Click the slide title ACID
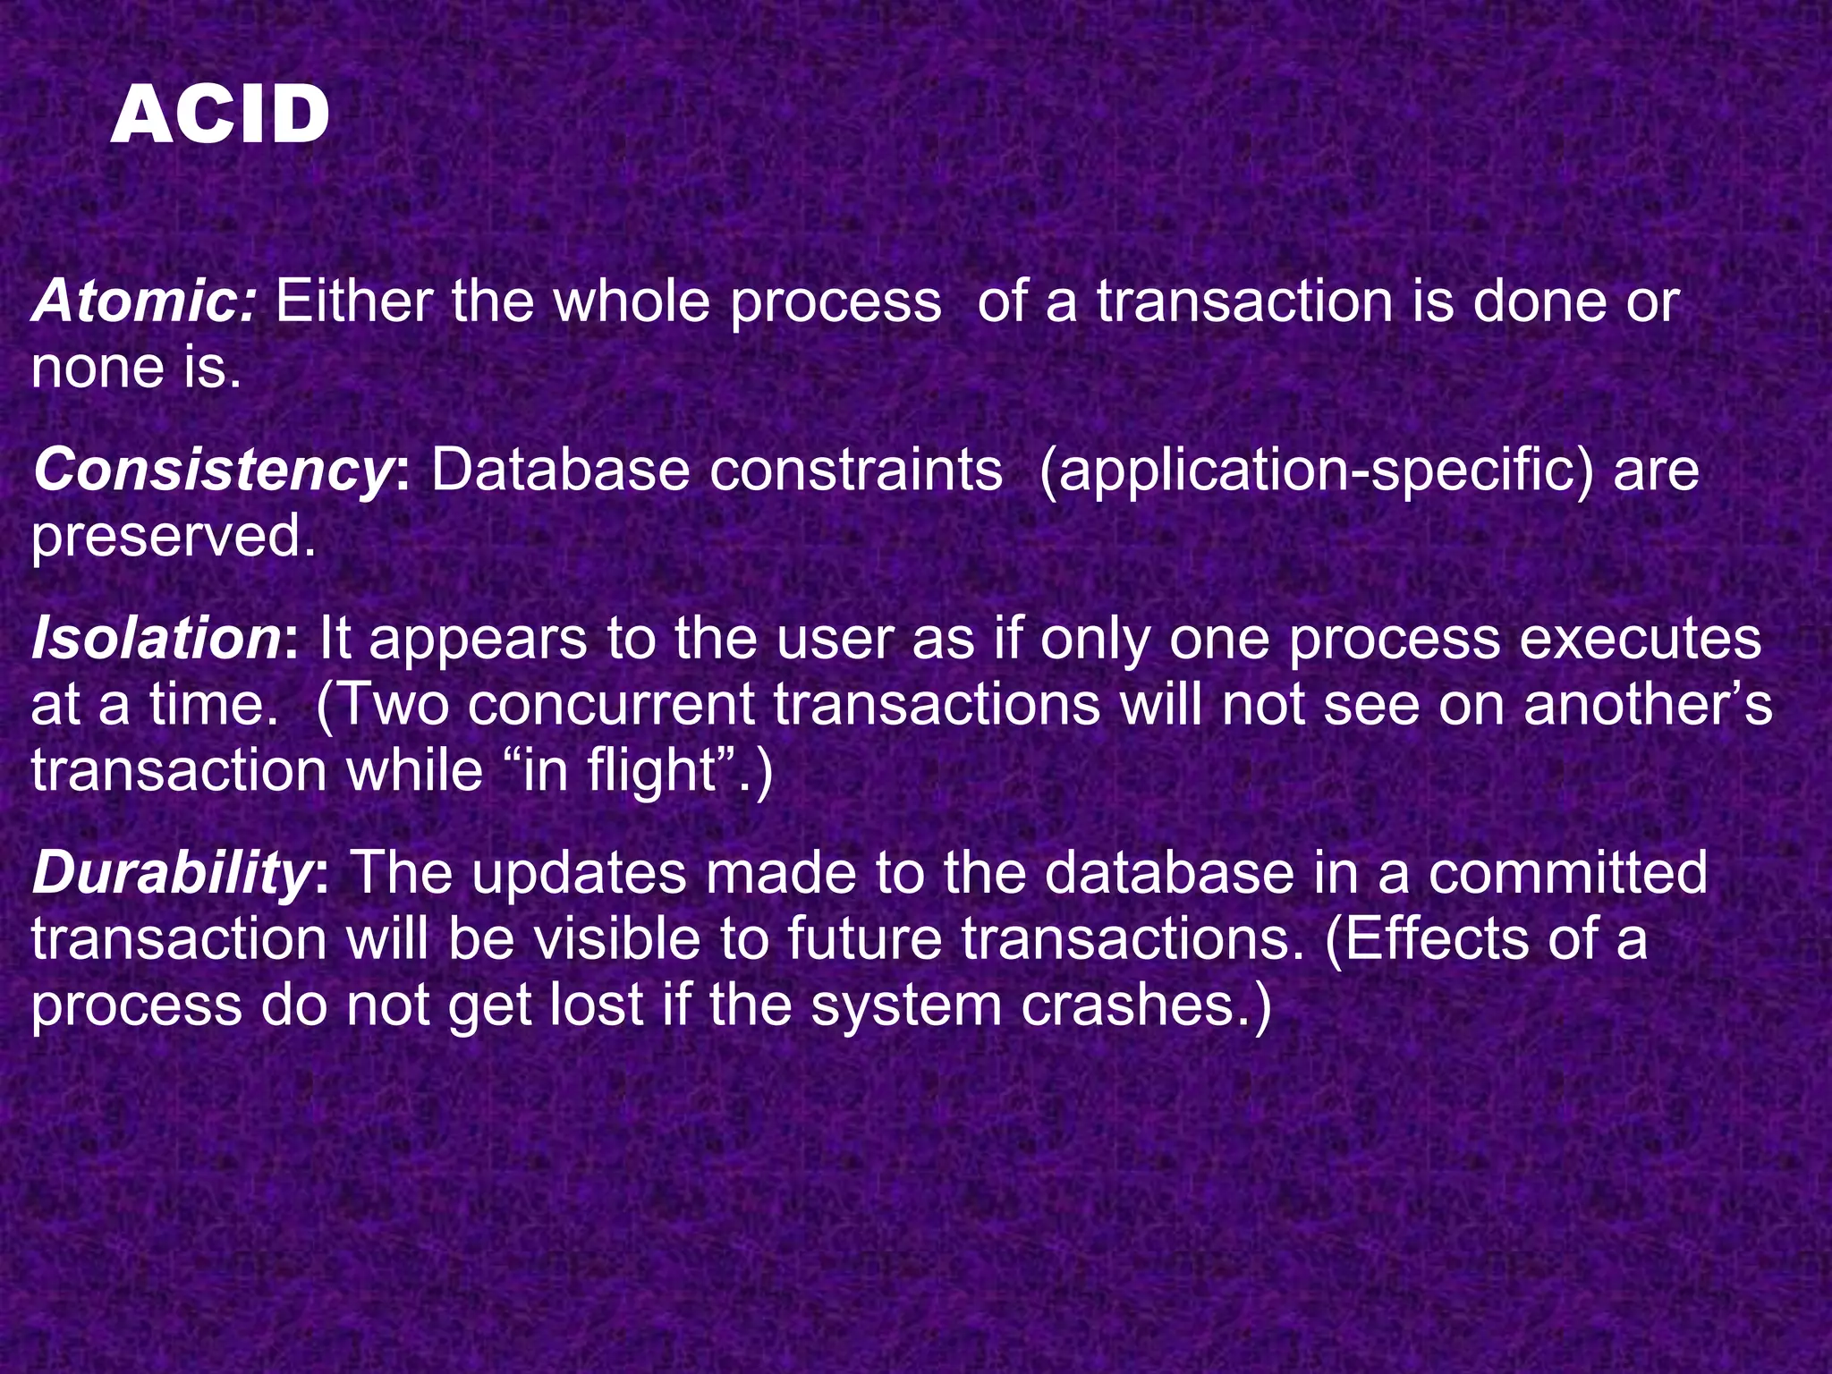(x=219, y=115)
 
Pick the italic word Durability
(x=171, y=873)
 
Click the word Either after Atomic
(x=354, y=301)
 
